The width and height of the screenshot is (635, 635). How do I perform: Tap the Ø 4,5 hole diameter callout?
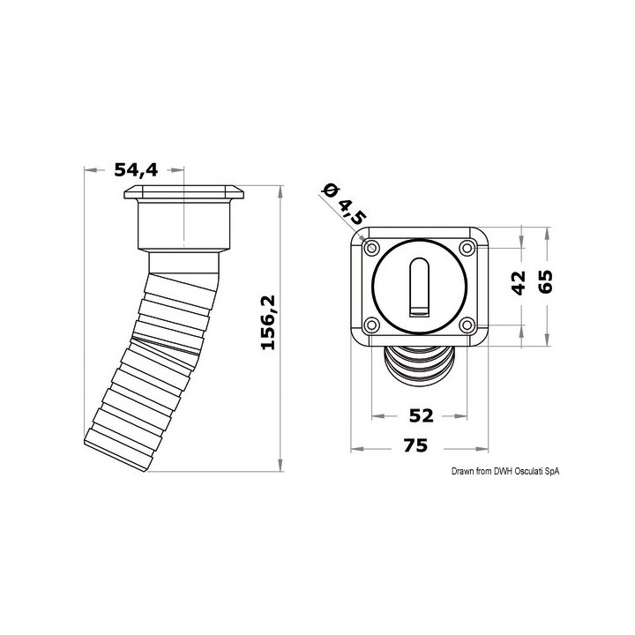click(x=343, y=202)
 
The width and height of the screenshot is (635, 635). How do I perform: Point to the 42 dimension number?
click(x=519, y=284)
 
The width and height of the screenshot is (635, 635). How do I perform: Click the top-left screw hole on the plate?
click(x=371, y=246)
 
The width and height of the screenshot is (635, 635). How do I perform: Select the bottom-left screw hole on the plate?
click(x=371, y=325)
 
